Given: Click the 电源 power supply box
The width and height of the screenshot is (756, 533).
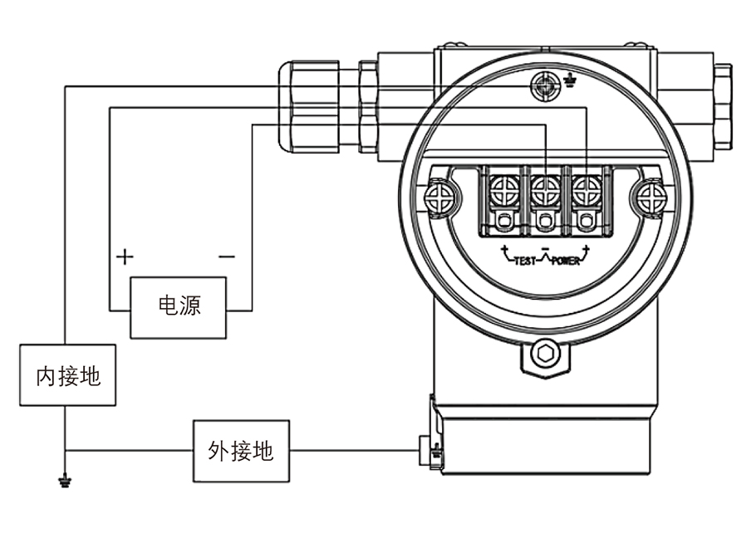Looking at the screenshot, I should coord(179,307).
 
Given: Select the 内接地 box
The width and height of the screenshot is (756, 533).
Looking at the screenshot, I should coord(68,376).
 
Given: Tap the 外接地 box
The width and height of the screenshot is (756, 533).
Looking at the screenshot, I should coord(240,451).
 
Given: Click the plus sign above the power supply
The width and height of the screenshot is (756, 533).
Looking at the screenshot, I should coord(124,256).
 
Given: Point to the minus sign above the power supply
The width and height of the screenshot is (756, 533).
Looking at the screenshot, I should coord(226,256).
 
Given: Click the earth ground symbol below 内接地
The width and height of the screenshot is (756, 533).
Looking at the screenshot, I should coord(64,480).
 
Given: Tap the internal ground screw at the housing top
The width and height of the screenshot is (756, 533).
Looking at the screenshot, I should coord(544,83).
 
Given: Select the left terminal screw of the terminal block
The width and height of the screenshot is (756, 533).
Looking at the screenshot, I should coord(503,190).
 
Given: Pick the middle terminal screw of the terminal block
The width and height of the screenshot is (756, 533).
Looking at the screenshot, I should coord(544,190).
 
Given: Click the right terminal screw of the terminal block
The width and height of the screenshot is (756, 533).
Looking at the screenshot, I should coord(587,190).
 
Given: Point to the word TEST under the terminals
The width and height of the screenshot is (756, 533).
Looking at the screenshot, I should coord(525,261).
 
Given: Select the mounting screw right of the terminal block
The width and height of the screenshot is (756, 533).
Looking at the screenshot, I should coord(650,197).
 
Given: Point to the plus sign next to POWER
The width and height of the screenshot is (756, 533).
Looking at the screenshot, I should coord(587,250).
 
